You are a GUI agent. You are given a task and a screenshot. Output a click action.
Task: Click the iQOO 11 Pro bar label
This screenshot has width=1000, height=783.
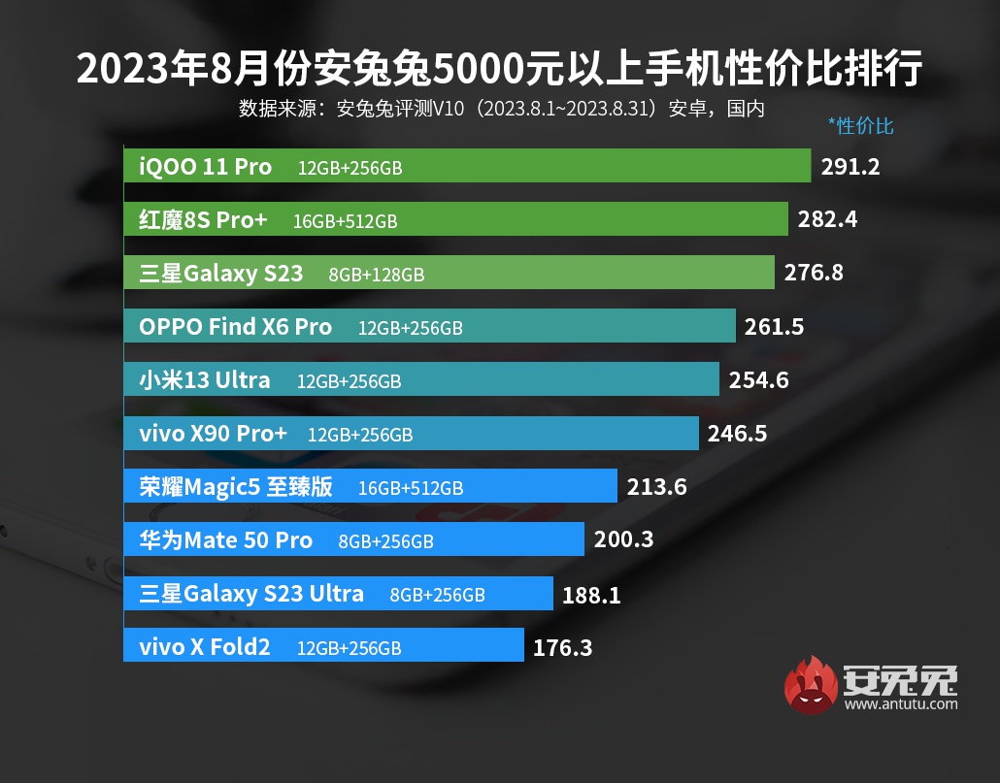(x=205, y=166)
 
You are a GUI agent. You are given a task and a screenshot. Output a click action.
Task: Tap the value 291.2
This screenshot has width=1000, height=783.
(x=850, y=167)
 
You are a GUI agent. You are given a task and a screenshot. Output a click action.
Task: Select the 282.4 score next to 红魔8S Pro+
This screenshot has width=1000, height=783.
(x=827, y=219)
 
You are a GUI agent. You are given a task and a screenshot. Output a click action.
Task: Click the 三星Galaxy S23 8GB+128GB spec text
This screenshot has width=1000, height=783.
(x=377, y=275)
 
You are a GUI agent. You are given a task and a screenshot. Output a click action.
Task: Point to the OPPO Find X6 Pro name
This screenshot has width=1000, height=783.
(x=235, y=327)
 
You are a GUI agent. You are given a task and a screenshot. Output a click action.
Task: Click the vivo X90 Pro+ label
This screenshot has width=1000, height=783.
(x=213, y=433)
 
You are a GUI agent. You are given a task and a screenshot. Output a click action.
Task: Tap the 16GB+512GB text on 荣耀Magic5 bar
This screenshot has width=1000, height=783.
(x=411, y=487)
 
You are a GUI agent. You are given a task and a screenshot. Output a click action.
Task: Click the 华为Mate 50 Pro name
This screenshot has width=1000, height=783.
(x=225, y=539)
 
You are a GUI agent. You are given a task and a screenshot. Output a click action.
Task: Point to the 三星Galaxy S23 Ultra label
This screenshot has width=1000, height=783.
(x=251, y=593)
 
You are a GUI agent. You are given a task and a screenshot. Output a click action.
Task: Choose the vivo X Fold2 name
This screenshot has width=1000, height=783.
(x=204, y=646)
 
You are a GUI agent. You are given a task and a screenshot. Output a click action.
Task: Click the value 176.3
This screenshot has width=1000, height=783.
(x=562, y=646)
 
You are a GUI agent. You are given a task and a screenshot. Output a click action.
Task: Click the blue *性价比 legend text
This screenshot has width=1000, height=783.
(x=860, y=125)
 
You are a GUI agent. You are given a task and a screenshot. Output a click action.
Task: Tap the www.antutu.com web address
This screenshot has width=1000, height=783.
(x=901, y=703)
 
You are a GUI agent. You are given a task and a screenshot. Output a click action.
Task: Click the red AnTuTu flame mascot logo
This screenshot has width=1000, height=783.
(x=811, y=684)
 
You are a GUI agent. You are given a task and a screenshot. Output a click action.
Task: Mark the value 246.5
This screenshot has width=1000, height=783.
(x=737, y=433)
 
